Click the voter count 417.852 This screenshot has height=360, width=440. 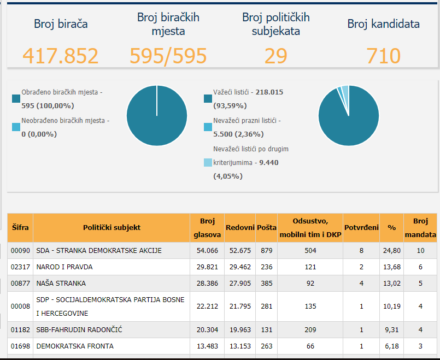[60, 56]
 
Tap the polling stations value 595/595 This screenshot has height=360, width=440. [168, 56]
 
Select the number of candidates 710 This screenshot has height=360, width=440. [383, 56]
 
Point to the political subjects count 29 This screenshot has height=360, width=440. [276, 56]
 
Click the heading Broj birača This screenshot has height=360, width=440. [61, 24]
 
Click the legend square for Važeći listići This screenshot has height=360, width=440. [208, 99]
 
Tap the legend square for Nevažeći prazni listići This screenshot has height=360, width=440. [208, 127]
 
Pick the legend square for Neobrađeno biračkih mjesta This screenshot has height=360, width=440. [16, 127]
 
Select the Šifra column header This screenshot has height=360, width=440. [20, 227]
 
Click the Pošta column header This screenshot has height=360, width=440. [267, 227]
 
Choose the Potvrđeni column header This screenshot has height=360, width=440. [361, 227]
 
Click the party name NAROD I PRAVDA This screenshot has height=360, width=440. [64, 267]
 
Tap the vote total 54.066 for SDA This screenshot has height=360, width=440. [207, 250]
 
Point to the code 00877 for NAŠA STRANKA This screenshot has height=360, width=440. [20, 283]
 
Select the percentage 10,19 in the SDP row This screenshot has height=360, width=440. [392, 306]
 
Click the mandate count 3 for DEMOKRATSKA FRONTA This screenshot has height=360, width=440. [420, 346]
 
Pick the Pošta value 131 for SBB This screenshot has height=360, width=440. [267, 330]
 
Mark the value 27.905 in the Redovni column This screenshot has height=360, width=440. [240, 283]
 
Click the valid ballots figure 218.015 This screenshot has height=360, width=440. [269, 92]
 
